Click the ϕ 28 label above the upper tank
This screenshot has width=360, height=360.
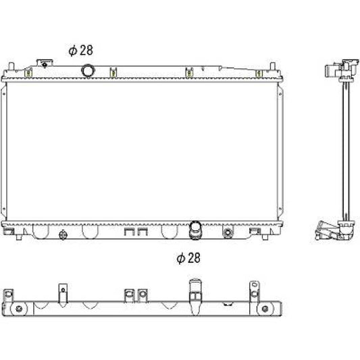[81, 50]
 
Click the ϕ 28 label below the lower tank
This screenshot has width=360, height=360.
[188, 258]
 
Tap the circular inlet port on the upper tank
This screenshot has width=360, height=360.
[88, 70]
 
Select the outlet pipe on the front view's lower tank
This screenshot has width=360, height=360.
[195, 230]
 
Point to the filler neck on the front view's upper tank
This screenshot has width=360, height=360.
[45, 63]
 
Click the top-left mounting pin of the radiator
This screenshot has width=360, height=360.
[11, 66]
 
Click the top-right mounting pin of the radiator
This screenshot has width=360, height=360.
[272, 66]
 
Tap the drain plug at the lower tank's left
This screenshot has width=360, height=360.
[63, 235]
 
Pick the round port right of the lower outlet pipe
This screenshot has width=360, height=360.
[228, 232]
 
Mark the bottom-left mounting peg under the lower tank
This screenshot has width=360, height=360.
[19, 237]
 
